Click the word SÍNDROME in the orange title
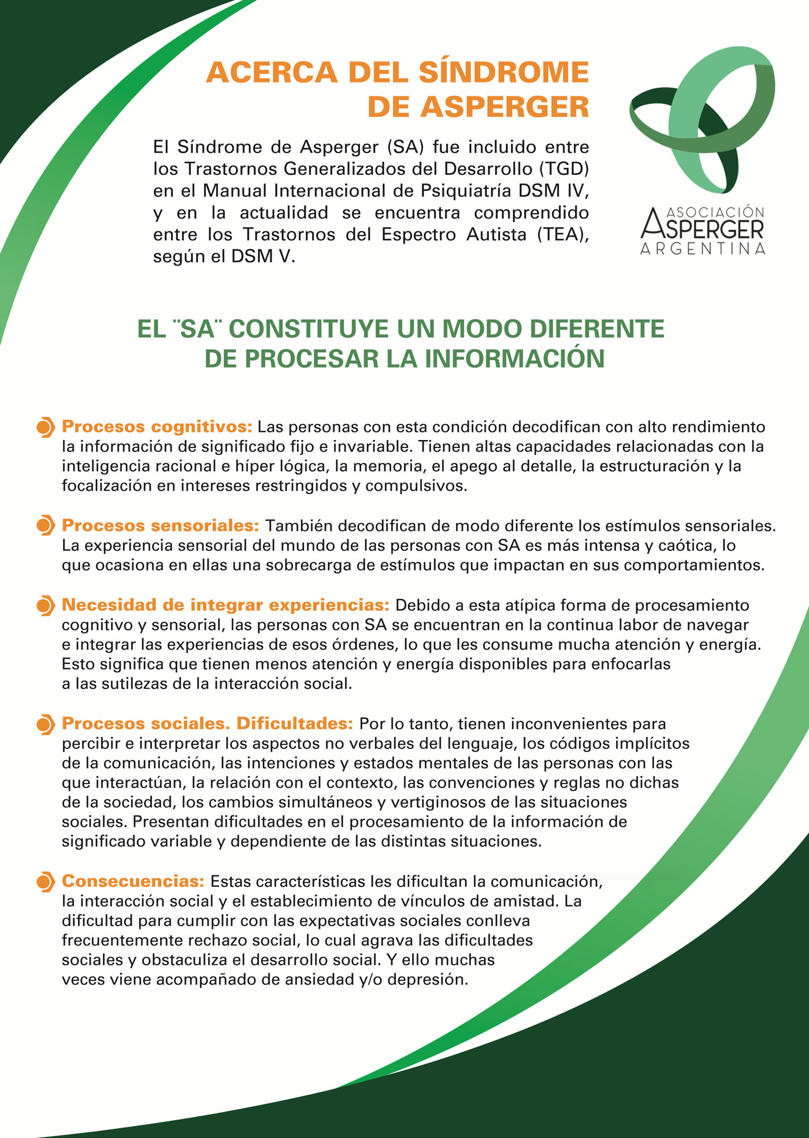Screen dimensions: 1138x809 pos(503,73)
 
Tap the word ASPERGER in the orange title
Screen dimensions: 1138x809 pos(504,107)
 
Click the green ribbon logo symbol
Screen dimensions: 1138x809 pos(702,118)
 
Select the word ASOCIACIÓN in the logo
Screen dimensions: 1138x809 pos(715,212)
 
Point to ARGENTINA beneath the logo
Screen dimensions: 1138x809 pos(703,249)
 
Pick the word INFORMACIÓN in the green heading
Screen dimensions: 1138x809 pos(514,359)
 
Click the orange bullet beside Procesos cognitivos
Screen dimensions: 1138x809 pos(45,427)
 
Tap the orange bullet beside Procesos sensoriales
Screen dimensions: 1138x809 pos(45,526)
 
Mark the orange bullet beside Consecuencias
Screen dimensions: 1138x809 pos(45,882)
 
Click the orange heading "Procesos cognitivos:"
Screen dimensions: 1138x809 pos(157,427)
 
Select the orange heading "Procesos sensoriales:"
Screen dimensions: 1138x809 pos(161,525)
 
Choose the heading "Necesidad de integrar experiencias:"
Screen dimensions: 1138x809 pos(226,605)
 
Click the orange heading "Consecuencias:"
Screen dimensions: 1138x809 pos(133,881)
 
